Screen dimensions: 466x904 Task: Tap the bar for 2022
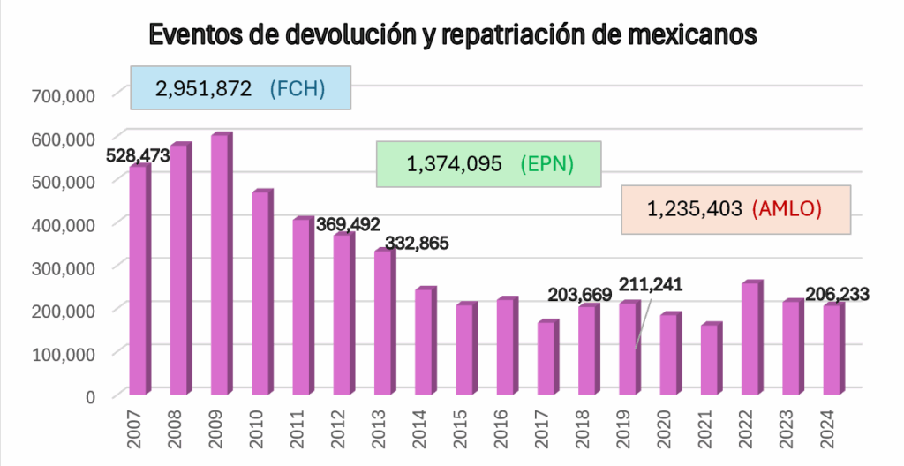click(x=751, y=339)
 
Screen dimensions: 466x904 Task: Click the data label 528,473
click(x=138, y=156)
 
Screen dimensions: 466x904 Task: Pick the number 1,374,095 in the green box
click(x=454, y=164)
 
